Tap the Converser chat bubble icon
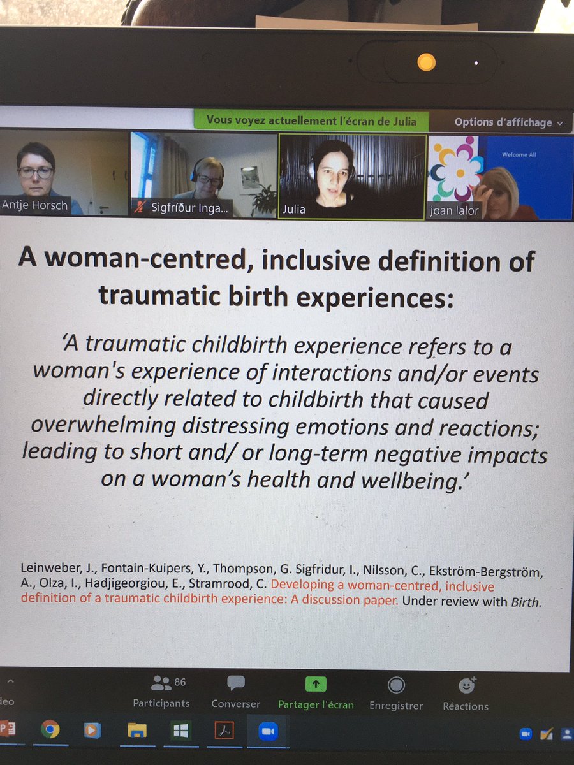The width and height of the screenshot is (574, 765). coord(236,684)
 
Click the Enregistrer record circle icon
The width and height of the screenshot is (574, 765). coord(396,685)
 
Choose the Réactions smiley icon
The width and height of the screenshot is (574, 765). coord(467,685)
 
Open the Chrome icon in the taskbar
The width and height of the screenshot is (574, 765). coord(50,729)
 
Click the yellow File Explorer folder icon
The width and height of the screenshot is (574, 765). coord(137,730)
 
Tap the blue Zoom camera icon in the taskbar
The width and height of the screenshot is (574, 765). coord(268,731)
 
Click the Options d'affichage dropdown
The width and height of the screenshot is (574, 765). coord(508,122)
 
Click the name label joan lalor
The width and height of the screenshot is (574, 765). coord(454,210)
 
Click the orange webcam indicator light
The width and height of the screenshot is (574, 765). coord(426,62)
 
